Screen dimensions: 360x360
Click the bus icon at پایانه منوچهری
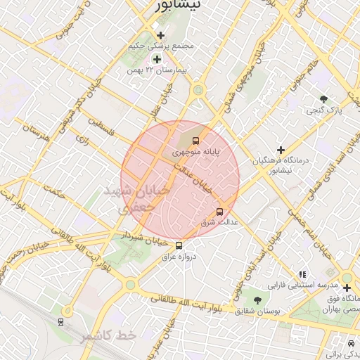(x=196, y=141)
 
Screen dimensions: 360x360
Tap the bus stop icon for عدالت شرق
(x=219, y=211)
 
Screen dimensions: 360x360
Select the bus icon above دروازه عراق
(x=179, y=245)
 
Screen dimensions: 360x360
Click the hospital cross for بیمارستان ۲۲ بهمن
(x=156, y=59)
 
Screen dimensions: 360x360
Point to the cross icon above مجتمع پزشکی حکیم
(x=161, y=35)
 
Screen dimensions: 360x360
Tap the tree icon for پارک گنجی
(x=323, y=100)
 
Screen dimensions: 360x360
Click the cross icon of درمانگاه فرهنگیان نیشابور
(x=281, y=150)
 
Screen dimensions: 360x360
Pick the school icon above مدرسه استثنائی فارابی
(x=302, y=275)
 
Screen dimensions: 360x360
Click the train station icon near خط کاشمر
(x=61, y=321)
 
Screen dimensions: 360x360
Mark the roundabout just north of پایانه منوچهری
(x=198, y=89)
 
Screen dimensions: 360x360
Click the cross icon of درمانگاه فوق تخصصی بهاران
(x=346, y=288)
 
